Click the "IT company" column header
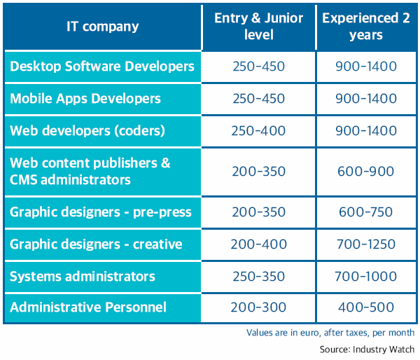pos(103,27)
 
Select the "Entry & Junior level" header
pos(259,27)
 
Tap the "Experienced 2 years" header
pos(366,27)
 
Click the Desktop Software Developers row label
pos(102,67)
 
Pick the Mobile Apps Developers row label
pos(85,98)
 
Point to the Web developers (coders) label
pos(87,131)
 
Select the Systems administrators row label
pos(83,277)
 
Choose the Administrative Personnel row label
pos(88,307)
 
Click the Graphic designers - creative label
pos(96,244)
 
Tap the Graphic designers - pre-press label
pos(101,212)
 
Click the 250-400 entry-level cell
pos(258,131)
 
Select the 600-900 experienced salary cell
pos(366,172)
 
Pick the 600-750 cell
pos(366,212)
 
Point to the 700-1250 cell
pos(366,244)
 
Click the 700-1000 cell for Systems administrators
pos(366,277)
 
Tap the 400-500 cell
pos(366,307)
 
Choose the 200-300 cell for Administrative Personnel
pos(258,307)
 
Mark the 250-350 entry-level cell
pos(258,277)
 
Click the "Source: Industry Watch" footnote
pos(367,349)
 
